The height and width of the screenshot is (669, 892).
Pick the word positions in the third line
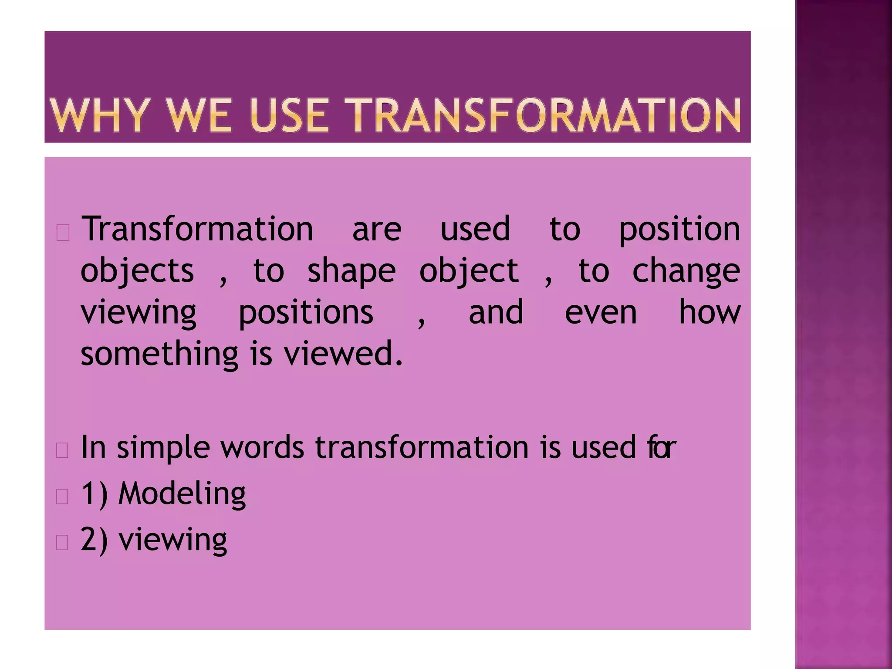(x=306, y=313)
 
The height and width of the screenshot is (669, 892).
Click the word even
(x=601, y=312)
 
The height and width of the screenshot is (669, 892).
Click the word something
(x=159, y=354)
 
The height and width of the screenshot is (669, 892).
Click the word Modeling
(x=182, y=494)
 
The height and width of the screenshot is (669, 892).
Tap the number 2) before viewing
(x=94, y=541)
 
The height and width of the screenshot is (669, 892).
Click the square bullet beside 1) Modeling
(x=63, y=497)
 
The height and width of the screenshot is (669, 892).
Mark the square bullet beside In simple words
(x=63, y=450)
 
